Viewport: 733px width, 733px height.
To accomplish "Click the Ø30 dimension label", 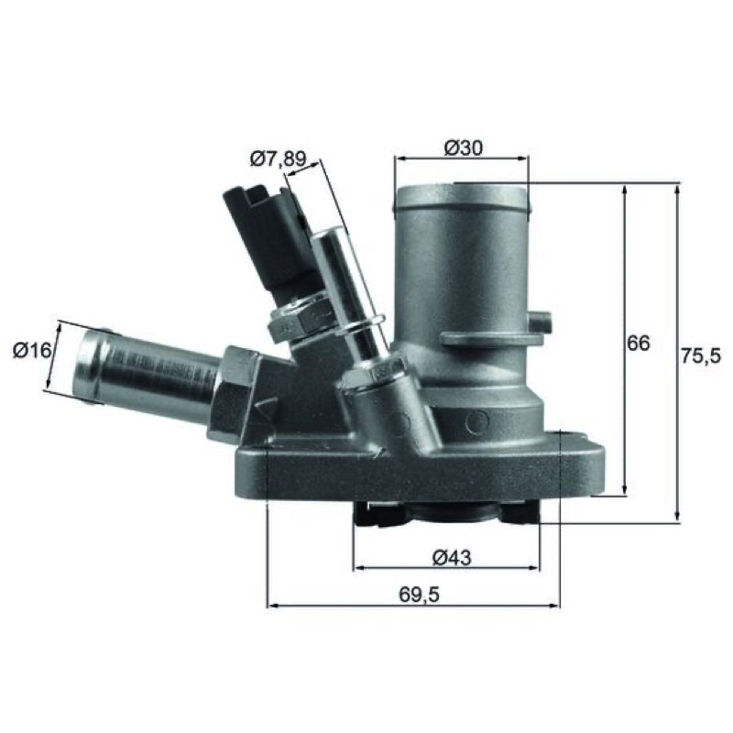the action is tap(463, 148).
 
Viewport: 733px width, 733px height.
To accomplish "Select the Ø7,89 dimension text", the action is tap(279, 159).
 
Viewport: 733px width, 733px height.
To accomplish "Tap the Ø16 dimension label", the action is tap(32, 350).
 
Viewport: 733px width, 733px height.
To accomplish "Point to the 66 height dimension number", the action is tap(638, 343).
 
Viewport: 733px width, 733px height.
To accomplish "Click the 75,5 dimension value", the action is tap(701, 356).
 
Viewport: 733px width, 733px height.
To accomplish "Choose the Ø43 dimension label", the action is tap(452, 557).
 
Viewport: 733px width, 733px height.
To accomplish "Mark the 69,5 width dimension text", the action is tap(419, 595).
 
